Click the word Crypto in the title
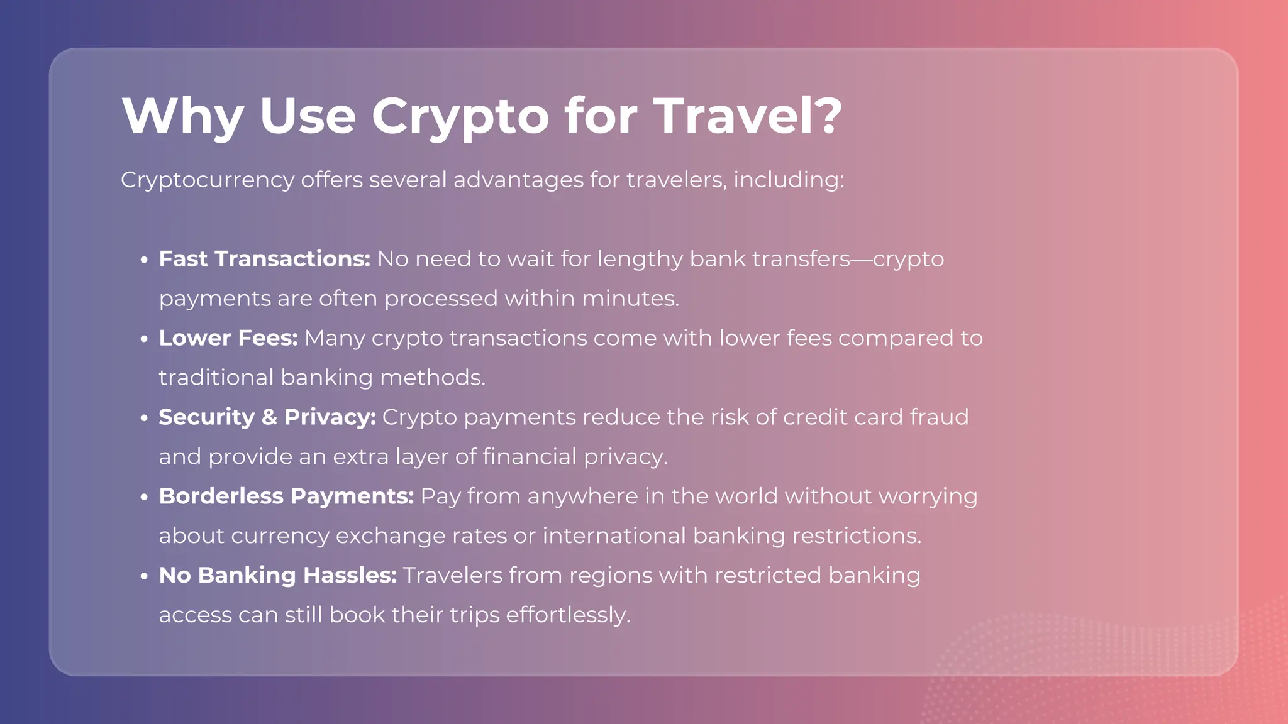tap(460, 116)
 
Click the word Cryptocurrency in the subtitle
tap(208, 180)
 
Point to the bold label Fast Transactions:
tap(264, 259)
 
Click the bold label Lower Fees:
tap(228, 338)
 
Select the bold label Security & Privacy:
tap(267, 417)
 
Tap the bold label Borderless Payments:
tap(286, 496)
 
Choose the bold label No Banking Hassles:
tap(277, 576)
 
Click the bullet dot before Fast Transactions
tap(144, 260)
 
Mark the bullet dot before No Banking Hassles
tap(144, 576)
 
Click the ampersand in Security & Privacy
tap(269, 417)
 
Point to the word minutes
tap(630, 299)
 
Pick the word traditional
tap(216, 378)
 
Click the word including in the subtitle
tap(789, 180)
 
